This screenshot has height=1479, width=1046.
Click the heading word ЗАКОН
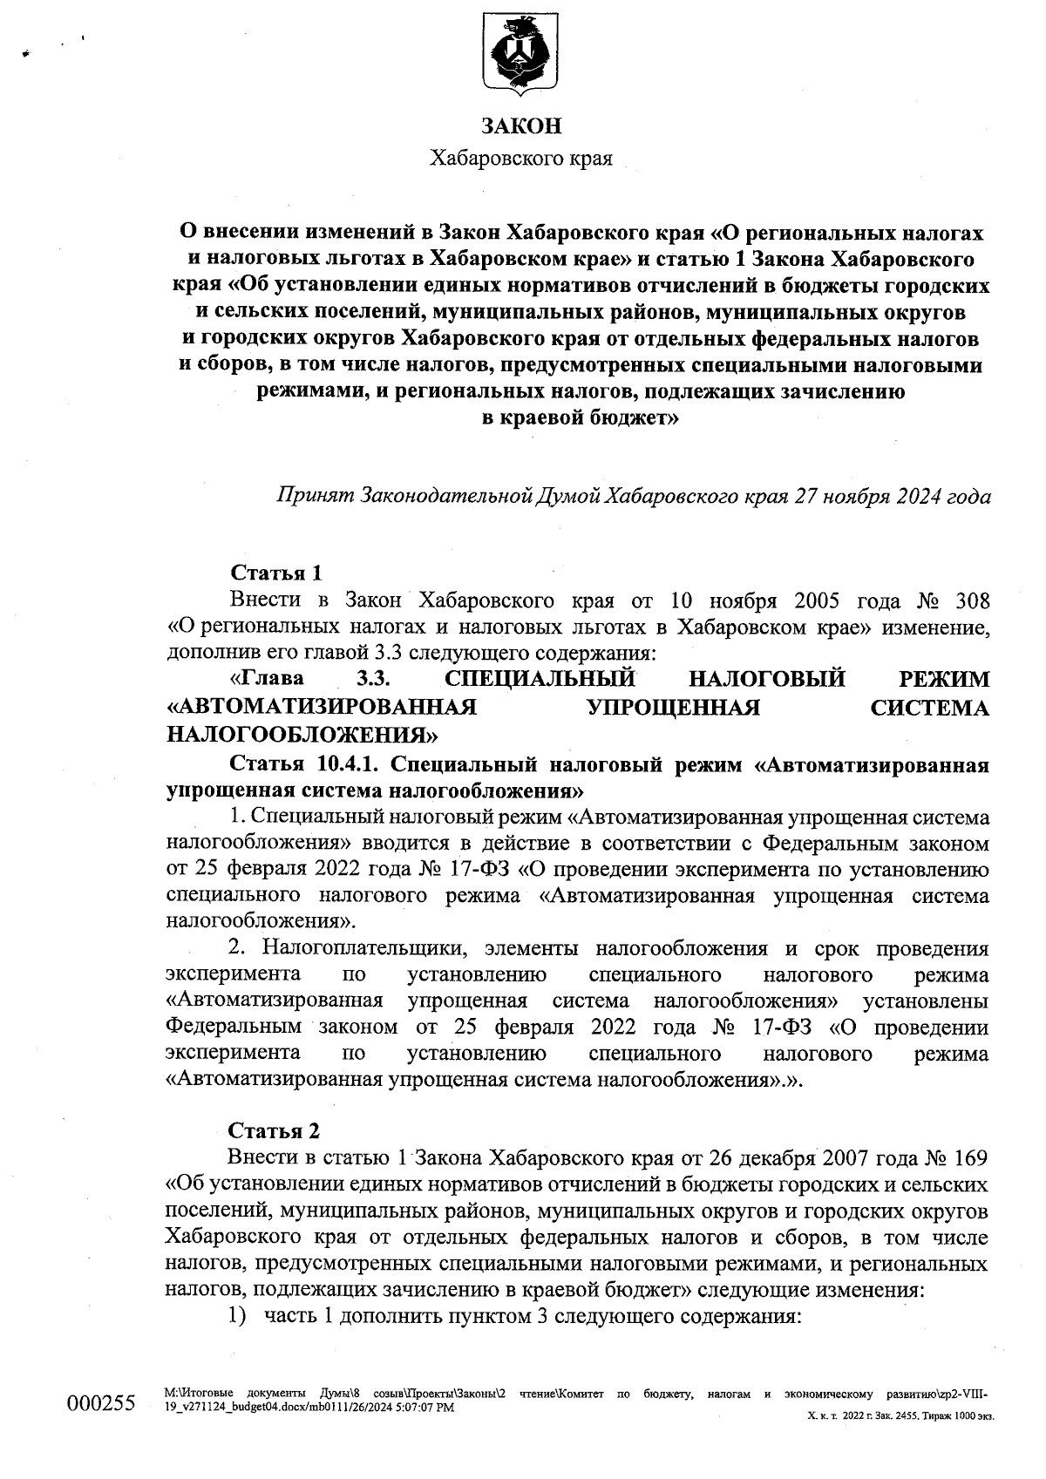(521, 126)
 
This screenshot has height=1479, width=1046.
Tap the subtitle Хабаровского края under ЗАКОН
(521, 159)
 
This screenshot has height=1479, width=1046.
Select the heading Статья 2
(274, 1130)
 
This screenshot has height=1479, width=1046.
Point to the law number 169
(966, 1157)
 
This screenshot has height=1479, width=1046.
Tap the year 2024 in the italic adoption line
(918, 497)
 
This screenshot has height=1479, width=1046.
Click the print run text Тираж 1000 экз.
(958, 1417)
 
